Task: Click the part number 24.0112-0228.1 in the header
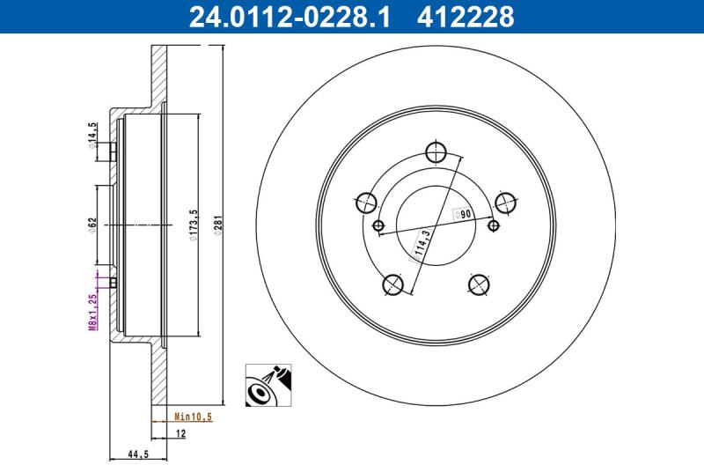pos(290,17)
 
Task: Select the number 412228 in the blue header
pos(466,17)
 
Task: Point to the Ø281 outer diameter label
pos(218,226)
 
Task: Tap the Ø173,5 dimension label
pos(194,225)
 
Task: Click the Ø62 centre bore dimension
pos(92,225)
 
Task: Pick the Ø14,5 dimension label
pos(92,136)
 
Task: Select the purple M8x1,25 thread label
pos(93,313)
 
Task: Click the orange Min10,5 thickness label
pos(193,417)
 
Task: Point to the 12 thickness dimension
pos(180,434)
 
